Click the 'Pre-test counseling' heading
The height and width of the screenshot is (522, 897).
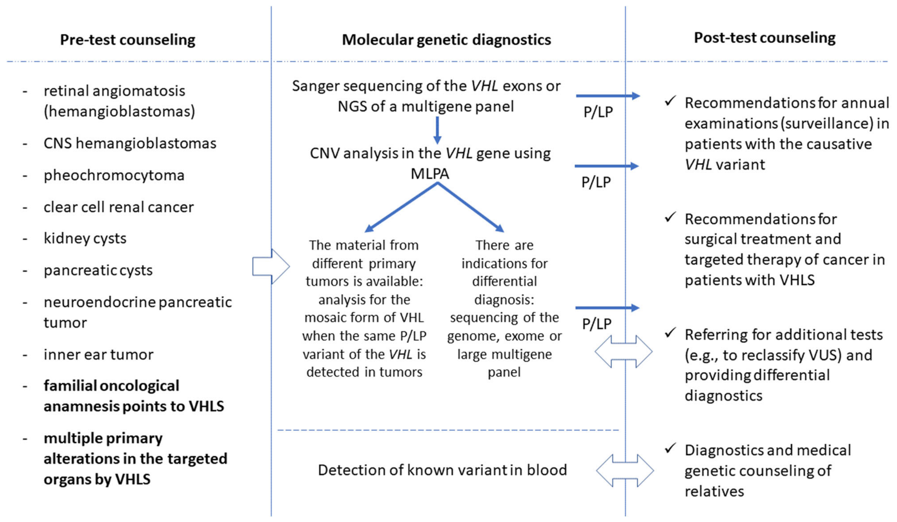[127, 40]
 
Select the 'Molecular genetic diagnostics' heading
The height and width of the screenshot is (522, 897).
[446, 40]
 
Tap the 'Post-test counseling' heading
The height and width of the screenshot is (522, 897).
[765, 38]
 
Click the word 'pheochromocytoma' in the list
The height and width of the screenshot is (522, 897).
[114, 175]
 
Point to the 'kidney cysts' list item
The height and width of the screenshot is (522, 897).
[85, 238]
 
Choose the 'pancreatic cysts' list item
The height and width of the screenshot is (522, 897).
[98, 270]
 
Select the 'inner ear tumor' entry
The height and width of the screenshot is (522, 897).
[98, 354]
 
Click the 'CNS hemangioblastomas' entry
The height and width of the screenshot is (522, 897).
[130, 143]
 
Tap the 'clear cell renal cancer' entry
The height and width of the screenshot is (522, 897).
[119, 207]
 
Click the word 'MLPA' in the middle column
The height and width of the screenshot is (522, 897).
[430, 174]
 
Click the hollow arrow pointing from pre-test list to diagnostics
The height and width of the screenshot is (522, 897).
[271, 266]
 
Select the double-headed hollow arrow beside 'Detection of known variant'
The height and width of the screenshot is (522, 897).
[625, 470]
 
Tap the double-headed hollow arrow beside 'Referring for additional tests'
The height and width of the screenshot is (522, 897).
[624, 351]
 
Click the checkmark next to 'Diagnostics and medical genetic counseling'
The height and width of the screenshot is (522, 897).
[670, 448]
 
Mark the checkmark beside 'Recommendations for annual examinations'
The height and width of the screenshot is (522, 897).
[670, 101]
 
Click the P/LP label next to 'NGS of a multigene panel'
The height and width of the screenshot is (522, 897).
[598, 112]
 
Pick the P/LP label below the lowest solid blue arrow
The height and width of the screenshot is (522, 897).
[597, 324]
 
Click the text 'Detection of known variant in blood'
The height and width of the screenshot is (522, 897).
[442, 470]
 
